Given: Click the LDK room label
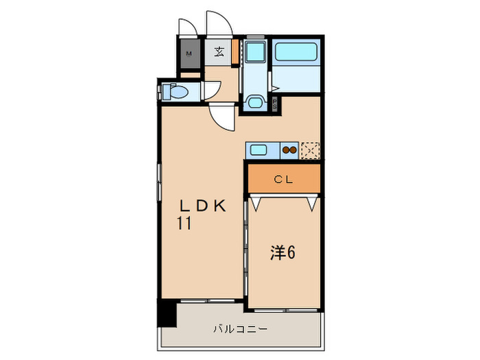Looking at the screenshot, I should pos(202,205).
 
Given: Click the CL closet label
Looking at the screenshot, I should pos(283,180).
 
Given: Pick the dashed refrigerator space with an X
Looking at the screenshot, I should pos(311,149).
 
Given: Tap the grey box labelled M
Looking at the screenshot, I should pos(189,52).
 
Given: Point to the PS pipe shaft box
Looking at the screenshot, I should pos(275,106).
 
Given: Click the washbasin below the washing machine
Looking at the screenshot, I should pos(254,102).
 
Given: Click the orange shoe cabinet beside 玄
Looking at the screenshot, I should pos(235,51).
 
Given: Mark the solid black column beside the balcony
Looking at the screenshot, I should pos(165,313).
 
